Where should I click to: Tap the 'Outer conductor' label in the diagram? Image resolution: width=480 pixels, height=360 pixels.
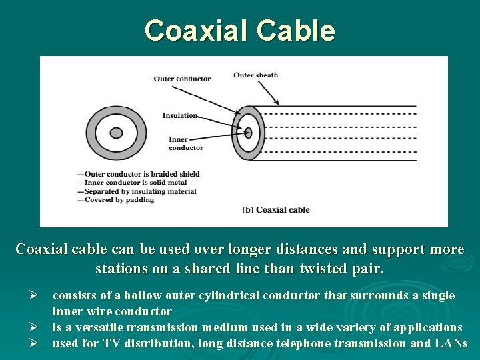pos(182,79)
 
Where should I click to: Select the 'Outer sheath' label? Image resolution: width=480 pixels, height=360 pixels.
pos(255,75)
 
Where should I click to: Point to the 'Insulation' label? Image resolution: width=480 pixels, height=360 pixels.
pos(180,115)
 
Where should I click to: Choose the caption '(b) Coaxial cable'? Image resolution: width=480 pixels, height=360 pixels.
pos(275,209)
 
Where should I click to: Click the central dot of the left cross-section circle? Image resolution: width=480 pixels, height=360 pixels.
pos(116,133)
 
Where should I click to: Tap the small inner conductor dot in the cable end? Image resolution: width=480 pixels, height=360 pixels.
pos(248,132)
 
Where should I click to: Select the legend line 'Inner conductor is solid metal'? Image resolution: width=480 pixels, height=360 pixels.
pos(137,183)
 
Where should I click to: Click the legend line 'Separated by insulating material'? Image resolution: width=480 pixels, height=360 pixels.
pos(140,191)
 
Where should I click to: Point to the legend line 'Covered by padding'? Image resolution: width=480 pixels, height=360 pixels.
pos(119,199)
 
